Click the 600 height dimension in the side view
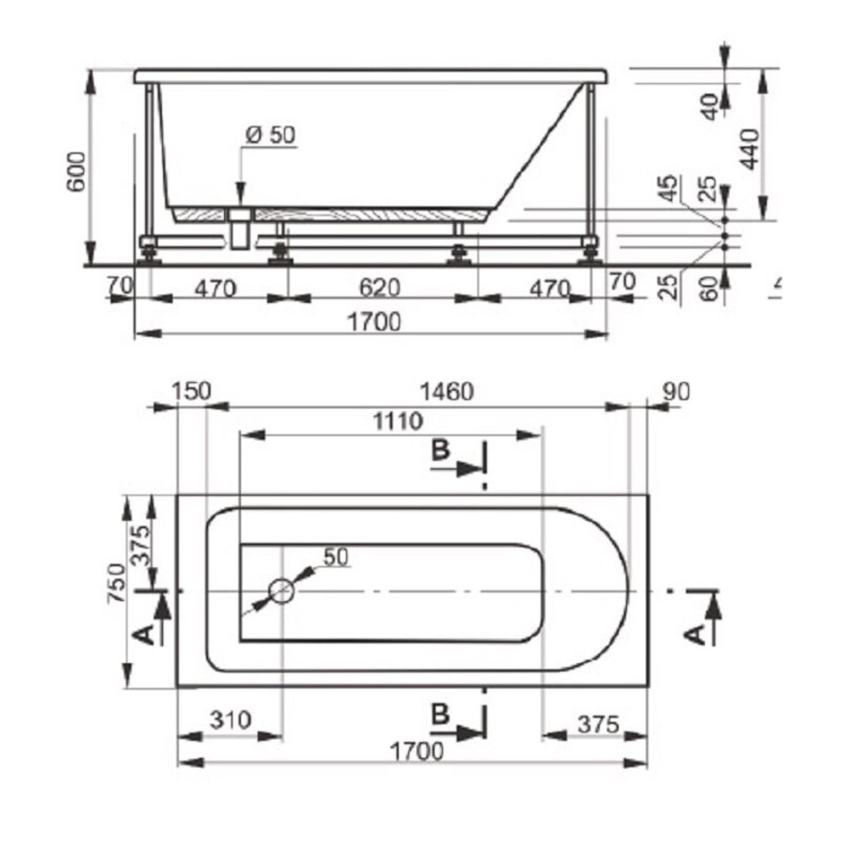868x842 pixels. (x=77, y=171)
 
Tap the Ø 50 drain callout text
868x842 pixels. (x=271, y=135)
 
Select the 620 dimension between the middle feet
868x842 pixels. (x=380, y=287)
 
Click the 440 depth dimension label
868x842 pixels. (x=749, y=149)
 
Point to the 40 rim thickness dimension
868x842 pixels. (x=709, y=106)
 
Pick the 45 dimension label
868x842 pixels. (x=670, y=188)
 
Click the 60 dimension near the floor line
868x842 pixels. (x=709, y=288)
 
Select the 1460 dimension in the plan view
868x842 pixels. (x=447, y=392)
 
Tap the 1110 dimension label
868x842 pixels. (x=398, y=422)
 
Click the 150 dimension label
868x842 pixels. (x=191, y=391)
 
